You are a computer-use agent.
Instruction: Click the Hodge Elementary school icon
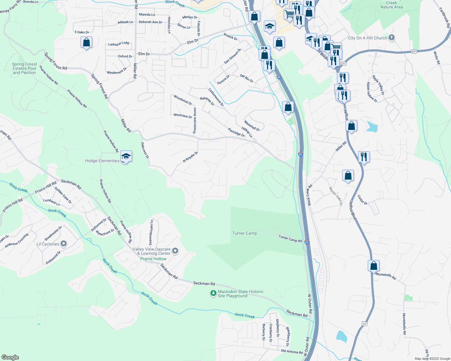126,156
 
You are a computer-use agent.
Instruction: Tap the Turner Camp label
244,233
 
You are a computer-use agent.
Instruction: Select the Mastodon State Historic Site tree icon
213,293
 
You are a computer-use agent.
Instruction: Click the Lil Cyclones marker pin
64,243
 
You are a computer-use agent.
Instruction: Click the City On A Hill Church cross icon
392,38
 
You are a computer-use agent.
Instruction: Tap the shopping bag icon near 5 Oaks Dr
86,42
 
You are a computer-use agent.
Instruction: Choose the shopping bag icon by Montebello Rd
374,266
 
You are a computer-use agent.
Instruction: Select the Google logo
10,357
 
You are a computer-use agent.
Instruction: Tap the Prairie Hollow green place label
153,259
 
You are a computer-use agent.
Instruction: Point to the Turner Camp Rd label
290,239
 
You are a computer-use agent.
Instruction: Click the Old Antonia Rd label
292,352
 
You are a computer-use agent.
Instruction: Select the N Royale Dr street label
191,157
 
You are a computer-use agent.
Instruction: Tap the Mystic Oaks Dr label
336,196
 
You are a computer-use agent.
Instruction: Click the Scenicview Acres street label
195,121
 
